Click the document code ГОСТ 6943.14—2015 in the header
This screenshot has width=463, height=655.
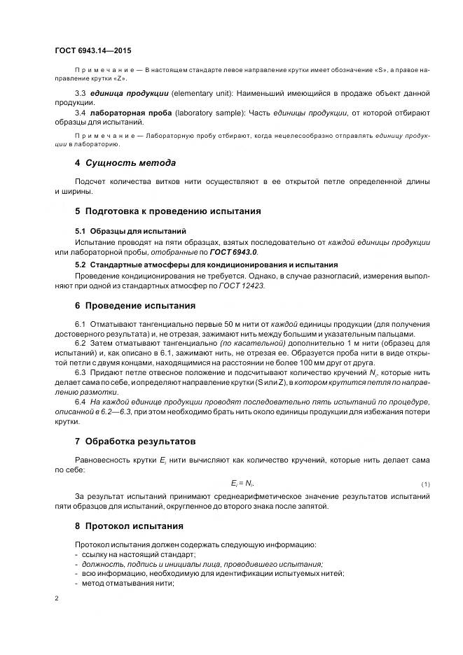pos(92,50)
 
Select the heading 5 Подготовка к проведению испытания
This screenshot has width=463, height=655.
pos(167,211)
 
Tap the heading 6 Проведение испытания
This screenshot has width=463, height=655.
pos(134,306)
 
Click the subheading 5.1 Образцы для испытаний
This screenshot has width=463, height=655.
pos(130,231)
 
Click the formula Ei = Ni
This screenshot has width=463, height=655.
pos(242,484)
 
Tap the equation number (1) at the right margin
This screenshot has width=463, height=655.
pos(425,484)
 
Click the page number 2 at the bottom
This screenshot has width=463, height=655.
pos(56,599)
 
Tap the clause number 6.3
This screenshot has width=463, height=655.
pos(80,372)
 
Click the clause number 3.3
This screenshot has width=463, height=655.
pos(80,93)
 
